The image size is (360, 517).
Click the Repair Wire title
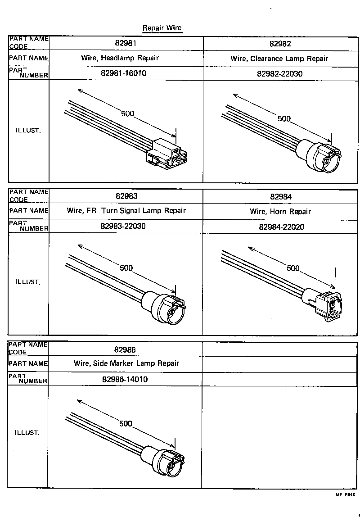[162, 28]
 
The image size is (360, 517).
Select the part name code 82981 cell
[126, 43]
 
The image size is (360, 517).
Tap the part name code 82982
[280, 44]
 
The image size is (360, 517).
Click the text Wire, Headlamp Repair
[120, 58]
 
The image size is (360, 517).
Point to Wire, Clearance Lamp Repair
[279, 59]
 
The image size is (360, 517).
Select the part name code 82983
[126, 196]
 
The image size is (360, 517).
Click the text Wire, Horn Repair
[280, 211]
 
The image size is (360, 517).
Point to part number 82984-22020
[281, 227]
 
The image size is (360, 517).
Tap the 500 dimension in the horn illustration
[293, 268]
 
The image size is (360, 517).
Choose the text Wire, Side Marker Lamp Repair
[126, 363]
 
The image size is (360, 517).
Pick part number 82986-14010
[125, 379]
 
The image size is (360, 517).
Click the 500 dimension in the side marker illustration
[126, 423]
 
